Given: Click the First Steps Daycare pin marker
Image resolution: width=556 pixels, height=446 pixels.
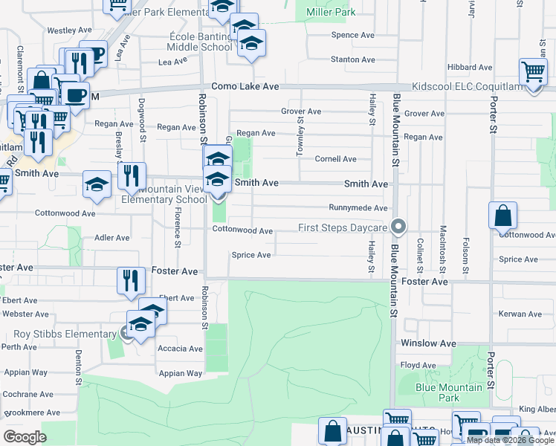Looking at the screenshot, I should (x=399, y=225).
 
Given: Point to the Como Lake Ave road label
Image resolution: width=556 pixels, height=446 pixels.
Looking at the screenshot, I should (x=245, y=87).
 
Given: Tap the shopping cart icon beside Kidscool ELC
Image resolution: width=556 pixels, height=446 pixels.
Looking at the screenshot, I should (x=533, y=73).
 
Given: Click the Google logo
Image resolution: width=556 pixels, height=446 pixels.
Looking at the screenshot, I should (x=25, y=436).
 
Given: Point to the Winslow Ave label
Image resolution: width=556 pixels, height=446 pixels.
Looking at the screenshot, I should (x=428, y=343).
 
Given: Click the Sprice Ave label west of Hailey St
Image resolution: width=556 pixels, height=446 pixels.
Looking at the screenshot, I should (x=252, y=255).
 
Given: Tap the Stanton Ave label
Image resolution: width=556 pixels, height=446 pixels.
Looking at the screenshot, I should (x=352, y=59).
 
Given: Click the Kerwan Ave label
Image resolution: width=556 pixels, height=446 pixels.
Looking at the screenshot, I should (x=520, y=315).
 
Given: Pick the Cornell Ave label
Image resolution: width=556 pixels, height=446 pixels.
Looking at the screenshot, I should (x=335, y=159).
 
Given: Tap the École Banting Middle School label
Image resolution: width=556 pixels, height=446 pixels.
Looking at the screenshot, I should (x=199, y=41).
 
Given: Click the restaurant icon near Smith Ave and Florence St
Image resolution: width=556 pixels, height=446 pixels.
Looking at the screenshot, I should (x=131, y=176).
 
